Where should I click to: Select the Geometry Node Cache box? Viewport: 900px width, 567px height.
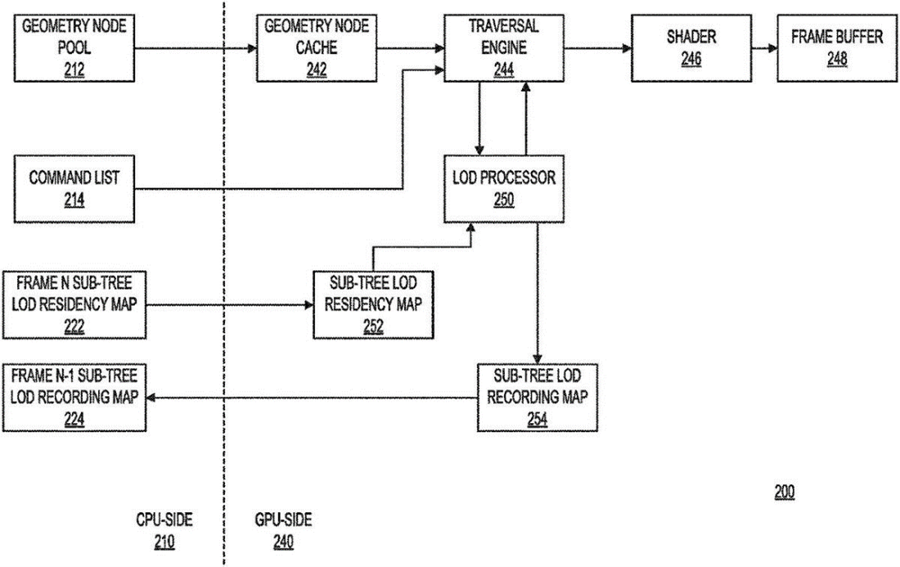[x=308, y=48]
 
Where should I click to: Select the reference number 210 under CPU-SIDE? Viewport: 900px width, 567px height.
[x=164, y=541]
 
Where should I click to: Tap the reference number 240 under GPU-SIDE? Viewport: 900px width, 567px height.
[x=283, y=541]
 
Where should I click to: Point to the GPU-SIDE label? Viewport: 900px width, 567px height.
[x=283, y=520]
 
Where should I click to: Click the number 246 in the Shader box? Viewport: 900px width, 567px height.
[x=691, y=59]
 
